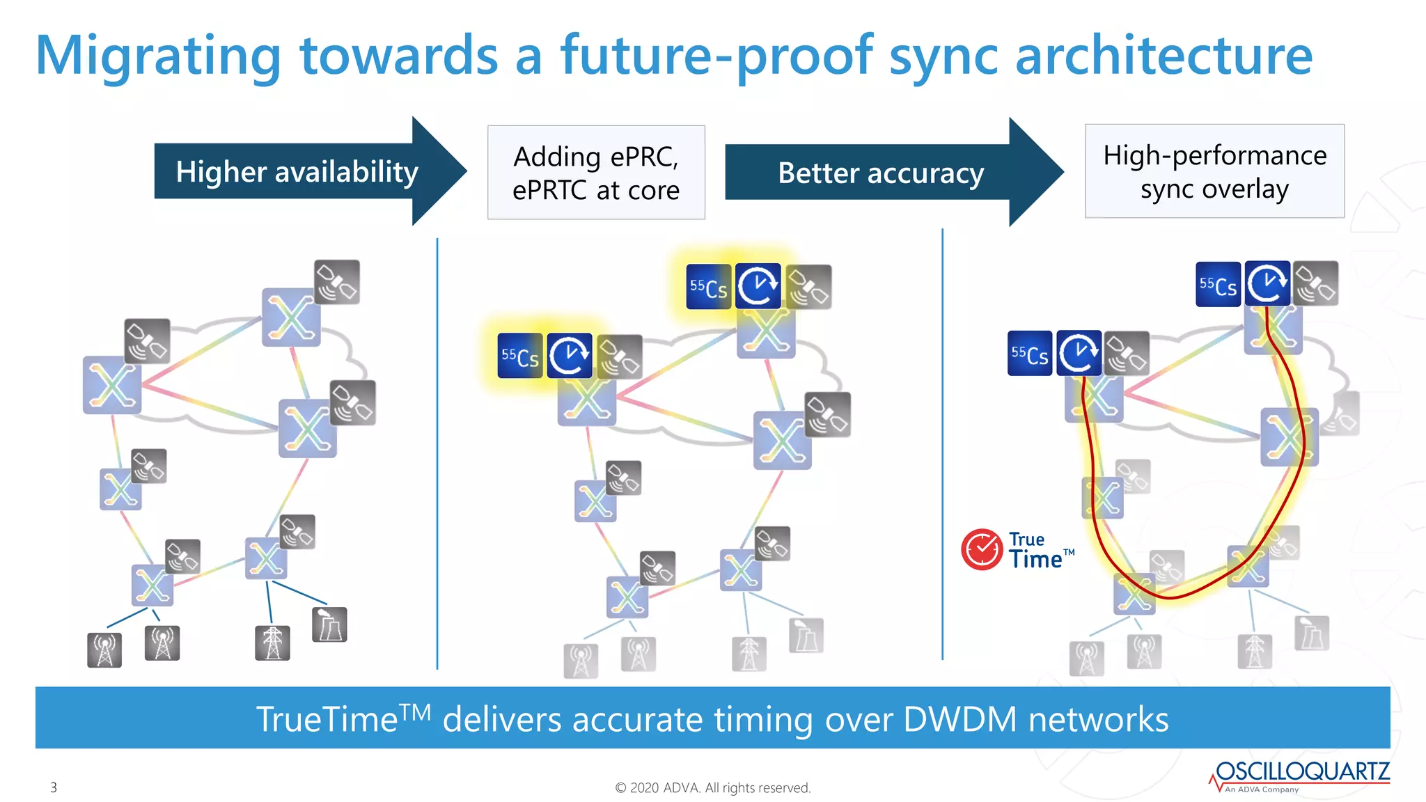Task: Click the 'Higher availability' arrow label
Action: click(x=297, y=172)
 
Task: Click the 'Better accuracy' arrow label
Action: click(x=880, y=173)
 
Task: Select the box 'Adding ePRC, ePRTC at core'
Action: click(x=596, y=173)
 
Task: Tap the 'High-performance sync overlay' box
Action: click(x=1214, y=171)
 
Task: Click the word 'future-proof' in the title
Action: click(x=716, y=56)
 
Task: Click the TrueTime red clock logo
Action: click(x=982, y=550)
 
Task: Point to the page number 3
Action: click(x=54, y=787)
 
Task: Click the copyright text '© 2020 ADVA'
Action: click(x=712, y=787)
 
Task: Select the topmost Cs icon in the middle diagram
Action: click(x=708, y=287)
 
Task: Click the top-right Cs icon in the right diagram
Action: click(x=1218, y=284)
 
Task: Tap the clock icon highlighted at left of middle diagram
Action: click(x=569, y=356)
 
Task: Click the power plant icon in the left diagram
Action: click(x=329, y=624)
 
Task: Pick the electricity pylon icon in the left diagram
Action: click(x=272, y=643)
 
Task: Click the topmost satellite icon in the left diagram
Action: click(x=337, y=282)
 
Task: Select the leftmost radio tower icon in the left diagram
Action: click(x=104, y=650)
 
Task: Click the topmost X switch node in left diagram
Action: click(x=291, y=317)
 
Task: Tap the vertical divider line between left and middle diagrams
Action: click(x=437, y=453)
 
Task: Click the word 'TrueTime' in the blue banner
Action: click(x=327, y=719)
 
